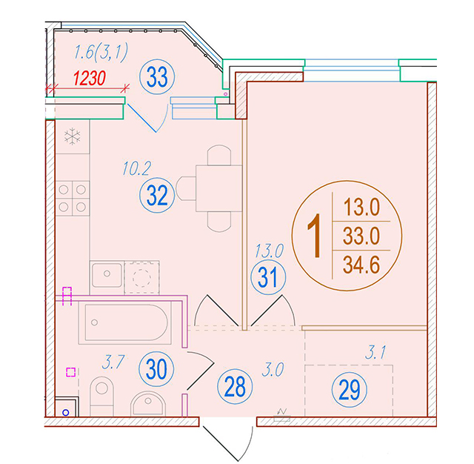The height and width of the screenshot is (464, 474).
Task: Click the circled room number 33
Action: point(157,77)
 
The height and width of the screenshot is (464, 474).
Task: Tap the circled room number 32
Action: point(157,195)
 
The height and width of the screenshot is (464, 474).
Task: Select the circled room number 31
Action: point(268,277)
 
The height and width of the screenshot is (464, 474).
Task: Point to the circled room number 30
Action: point(156,368)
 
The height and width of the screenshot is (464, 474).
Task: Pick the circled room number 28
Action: point(235,387)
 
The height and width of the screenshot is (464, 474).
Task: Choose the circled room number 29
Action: point(349,390)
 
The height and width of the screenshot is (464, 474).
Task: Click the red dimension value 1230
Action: point(90,78)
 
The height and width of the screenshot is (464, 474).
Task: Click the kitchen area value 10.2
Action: point(136,168)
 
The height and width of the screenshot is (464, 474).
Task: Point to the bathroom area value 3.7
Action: point(113,362)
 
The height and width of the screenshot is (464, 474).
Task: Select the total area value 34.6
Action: point(361,265)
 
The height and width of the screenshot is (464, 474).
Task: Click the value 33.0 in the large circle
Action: point(361,236)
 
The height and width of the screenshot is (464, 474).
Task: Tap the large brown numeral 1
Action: point(315,236)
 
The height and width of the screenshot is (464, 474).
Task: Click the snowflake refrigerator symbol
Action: point(73,136)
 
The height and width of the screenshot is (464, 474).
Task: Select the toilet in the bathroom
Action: point(102,397)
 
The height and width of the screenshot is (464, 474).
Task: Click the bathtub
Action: point(125,322)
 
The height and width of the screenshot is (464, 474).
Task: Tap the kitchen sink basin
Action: point(107,275)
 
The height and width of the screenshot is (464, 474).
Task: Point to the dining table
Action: point(219,188)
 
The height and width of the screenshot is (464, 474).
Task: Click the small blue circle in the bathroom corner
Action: point(66,412)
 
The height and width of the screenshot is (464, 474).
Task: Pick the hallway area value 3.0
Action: point(273,370)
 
